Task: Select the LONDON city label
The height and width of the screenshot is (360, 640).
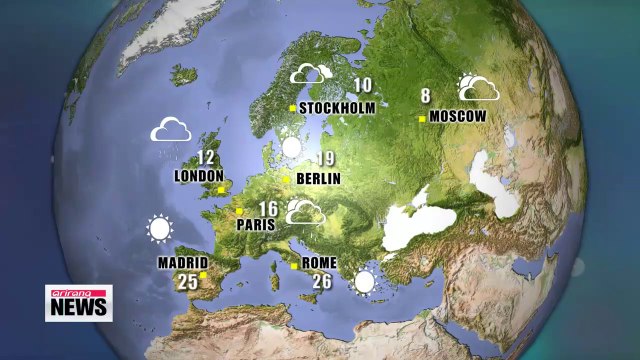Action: pyautogui.click(x=199, y=176)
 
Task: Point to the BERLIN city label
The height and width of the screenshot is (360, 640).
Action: pyautogui.click(x=319, y=179)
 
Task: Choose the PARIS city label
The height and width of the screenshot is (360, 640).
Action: pyautogui.click(x=255, y=225)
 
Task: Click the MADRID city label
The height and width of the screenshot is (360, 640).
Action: pyautogui.click(x=182, y=264)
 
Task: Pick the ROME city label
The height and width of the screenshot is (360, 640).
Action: pyautogui.click(x=319, y=264)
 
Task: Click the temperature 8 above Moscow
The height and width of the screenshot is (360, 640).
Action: pyautogui.click(x=425, y=97)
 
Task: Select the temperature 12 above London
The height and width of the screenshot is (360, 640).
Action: pyautogui.click(x=206, y=158)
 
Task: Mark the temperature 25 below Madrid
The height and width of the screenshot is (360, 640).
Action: pyautogui.click(x=188, y=282)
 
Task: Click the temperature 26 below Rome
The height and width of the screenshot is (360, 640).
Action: pyautogui.click(x=322, y=282)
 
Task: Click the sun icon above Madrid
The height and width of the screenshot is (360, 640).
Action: pyautogui.click(x=158, y=230)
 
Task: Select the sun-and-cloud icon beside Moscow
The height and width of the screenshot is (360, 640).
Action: pyautogui.click(x=478, y=88)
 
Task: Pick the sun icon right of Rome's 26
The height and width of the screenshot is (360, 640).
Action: pyautogui.click(x=364, y=281)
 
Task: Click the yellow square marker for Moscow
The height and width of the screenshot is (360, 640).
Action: pyautogui.click(x=422, y=118)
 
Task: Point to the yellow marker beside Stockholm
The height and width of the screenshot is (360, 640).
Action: pyautogui.click(x=292, y=108)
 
